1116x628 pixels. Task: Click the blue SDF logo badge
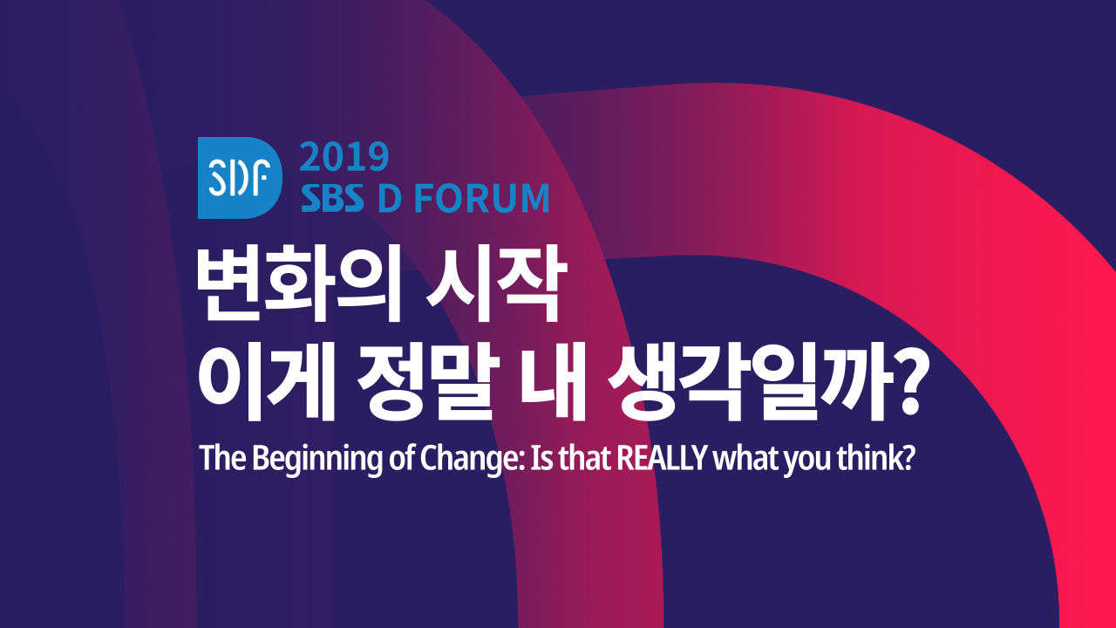click(x=240, y=177)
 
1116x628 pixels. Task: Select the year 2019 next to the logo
click(x=344, y=157)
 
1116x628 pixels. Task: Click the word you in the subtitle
click(x=806, y=461)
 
